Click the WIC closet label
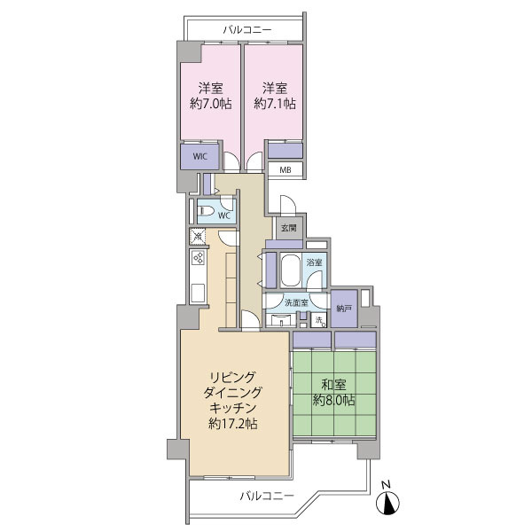200,156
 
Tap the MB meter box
286,169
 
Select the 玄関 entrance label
289,228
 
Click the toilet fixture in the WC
206,211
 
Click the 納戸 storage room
344,309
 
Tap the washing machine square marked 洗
319,320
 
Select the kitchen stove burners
198,258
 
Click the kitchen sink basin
198,293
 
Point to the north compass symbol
387,503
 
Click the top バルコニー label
247,30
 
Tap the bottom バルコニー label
267,497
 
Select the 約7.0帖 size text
211,104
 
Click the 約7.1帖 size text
275,104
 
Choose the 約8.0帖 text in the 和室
333,401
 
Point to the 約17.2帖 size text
232,424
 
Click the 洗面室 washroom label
296,302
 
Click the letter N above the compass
386,485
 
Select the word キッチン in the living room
232,408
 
